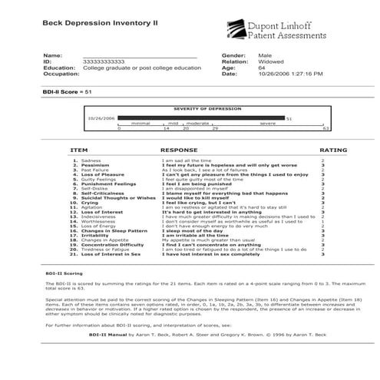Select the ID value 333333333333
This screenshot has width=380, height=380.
click(x=102, y=62)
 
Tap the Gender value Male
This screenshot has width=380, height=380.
click(x=265, y=56)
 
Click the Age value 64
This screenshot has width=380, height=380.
click(x=262, y=68)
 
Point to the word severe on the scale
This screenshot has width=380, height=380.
click(x=268, y=123)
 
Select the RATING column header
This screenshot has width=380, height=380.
click(x=333, y=150)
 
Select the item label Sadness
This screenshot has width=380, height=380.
click(x=91, y=160)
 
